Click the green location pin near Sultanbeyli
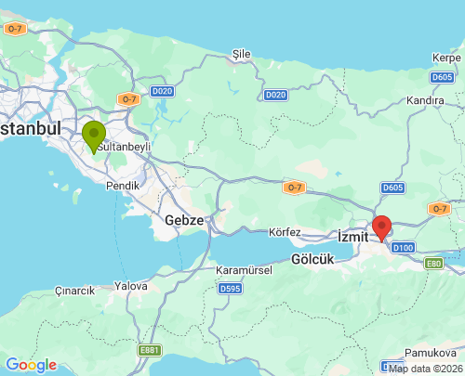[94, 136]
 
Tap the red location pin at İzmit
[381, 227]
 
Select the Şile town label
[242, 54]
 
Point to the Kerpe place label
[445, 58]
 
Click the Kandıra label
[424, 98]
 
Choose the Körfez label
[286, 231]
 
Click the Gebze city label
[183, 220]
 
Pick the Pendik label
[124, 185]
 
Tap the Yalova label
[130, 286]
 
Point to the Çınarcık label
[74, 291]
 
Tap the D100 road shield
[403, 248]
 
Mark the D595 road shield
[230, 290]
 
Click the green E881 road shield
[149, 350]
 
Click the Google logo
[31, 365]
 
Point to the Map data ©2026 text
[424, 369]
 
